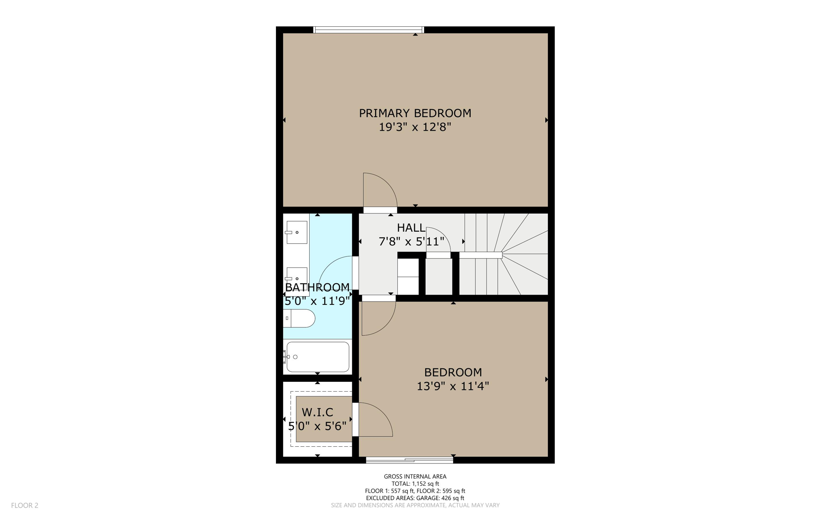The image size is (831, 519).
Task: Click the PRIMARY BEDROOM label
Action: pyautogui.click(x=415, y=113)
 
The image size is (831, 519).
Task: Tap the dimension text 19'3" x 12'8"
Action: pyautogui.click(x=415, y=127)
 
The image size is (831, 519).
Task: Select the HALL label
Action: pyautogui.click(x=411, y=228)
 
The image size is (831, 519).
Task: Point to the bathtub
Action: pyautogui.click(x=317, y=357)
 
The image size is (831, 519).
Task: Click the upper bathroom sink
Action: pyautogui.click(x=297, y=232)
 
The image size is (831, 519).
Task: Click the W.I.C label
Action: pyautogui.click(x=317, y=412)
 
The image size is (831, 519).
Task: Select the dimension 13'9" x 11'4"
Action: pyautogui.click(x=452, y=386)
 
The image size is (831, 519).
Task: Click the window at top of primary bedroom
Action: pyautogui.click(x=368, y=30)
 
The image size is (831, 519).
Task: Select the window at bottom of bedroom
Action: pyautogui.click(x=409, y=460)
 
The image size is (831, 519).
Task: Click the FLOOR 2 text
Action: pyautogui.click(x=24, y=505)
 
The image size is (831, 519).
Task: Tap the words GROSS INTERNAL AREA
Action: pyautogui.click(x=415, y=476)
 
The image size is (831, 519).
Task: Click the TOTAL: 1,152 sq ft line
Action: pyautogui.click(x=415, y=484)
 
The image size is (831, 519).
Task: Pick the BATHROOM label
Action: pyautogui.click(x=317, y=287)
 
